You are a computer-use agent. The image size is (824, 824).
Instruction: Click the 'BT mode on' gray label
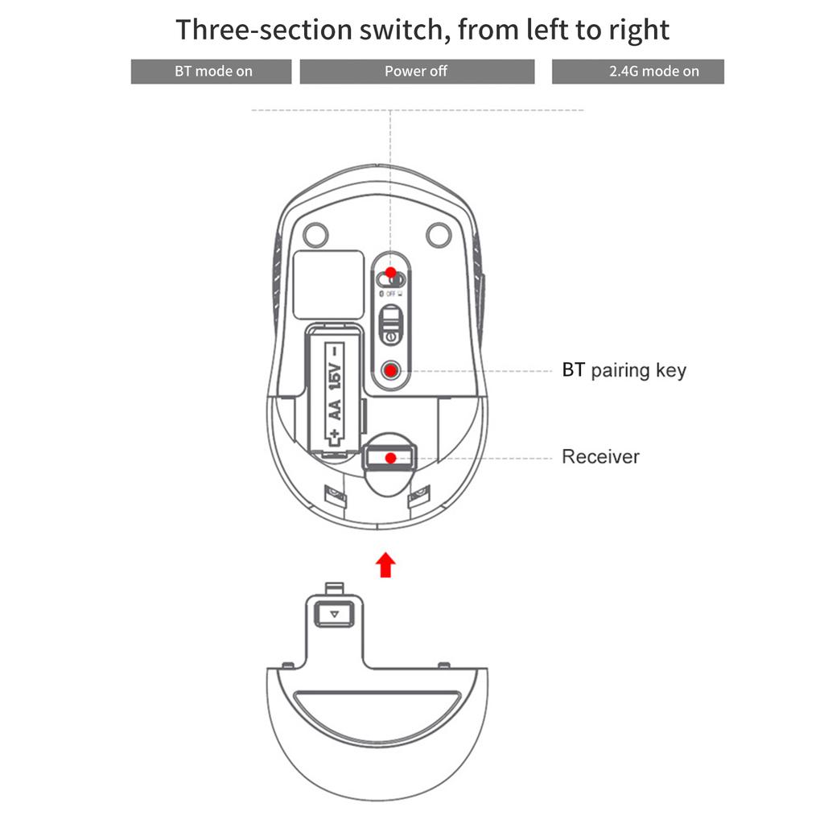(212, 72)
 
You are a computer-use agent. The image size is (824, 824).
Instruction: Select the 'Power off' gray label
(417, 72)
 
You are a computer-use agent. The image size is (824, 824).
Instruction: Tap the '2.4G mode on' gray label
(638, 72)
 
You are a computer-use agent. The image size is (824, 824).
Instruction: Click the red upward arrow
(386, 565)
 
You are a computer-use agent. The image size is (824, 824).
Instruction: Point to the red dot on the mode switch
(391, 272)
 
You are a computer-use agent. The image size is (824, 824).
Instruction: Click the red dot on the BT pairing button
(390, 371)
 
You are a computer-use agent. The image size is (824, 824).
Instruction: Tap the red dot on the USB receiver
(390, 458)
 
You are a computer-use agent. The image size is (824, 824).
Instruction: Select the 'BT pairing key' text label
(624, 370)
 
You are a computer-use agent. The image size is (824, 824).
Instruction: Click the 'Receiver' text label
(600, 457)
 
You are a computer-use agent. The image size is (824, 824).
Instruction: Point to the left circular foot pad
(315, 234)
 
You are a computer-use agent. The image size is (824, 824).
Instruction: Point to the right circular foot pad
(439, 234)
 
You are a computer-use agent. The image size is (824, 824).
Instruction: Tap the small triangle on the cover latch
(334, 614)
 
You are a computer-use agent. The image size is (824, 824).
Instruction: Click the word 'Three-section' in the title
(264, 30)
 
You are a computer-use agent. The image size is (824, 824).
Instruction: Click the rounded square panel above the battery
(328, 285)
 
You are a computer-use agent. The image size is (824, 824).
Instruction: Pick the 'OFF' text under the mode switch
(390, 294)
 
